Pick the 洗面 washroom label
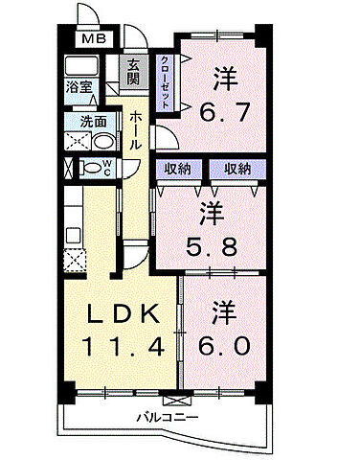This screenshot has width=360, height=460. point(93,122)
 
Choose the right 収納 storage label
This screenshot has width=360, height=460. point(236,169)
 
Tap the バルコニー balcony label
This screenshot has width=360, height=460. point(166,419)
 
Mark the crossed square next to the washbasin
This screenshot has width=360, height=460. point(76,140)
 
